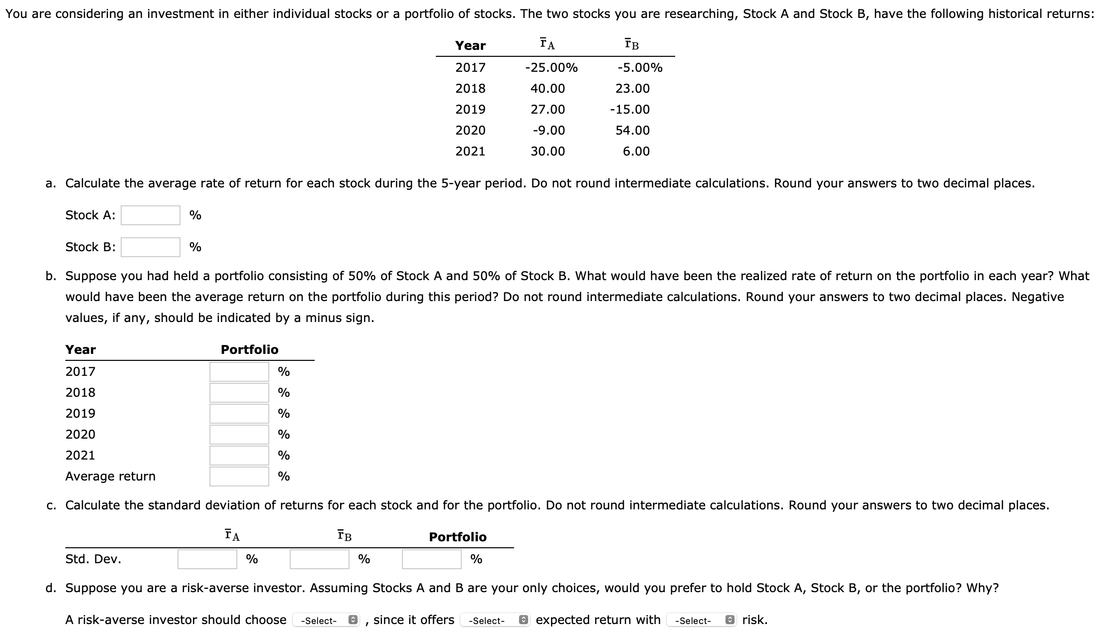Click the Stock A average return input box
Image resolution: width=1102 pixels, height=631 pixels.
[x=150, y=215]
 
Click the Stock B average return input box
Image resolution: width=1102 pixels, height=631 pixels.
[x=150, y=247]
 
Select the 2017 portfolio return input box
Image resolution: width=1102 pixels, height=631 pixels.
[x=239, y=372]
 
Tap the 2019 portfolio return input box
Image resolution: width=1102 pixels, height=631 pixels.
[x=239, y=414]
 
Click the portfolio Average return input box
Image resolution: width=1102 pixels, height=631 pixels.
[x=239, y=476]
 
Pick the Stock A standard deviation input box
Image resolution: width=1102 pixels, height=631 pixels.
[x=207, y=559]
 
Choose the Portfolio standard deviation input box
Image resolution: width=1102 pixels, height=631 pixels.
[x=431, y=559]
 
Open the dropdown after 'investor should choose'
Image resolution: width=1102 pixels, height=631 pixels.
[x=326, y=621]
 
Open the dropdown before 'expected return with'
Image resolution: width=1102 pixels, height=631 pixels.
[x=494, y=621]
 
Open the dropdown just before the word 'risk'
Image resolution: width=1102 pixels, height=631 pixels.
[x=701, y=621]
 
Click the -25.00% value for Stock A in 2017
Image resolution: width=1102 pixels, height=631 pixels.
[x=551, y=68]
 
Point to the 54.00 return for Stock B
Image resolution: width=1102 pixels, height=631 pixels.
[x=632, y=131]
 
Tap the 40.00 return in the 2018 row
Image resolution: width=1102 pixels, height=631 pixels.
[x=548, y=89]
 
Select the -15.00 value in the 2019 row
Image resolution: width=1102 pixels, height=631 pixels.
[x=630, y=110]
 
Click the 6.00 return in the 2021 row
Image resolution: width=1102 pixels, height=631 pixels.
[x=636, y=152]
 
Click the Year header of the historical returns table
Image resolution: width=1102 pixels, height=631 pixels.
[x=470, y=46]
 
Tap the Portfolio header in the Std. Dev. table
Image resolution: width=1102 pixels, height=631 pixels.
[x=457, y=537]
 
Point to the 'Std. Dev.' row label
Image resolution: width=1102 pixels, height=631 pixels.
[x=93, y=559]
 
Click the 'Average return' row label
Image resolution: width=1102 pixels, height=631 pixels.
[x=110, y=476]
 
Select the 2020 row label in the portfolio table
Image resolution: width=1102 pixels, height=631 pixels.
[x=80, y=435]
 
